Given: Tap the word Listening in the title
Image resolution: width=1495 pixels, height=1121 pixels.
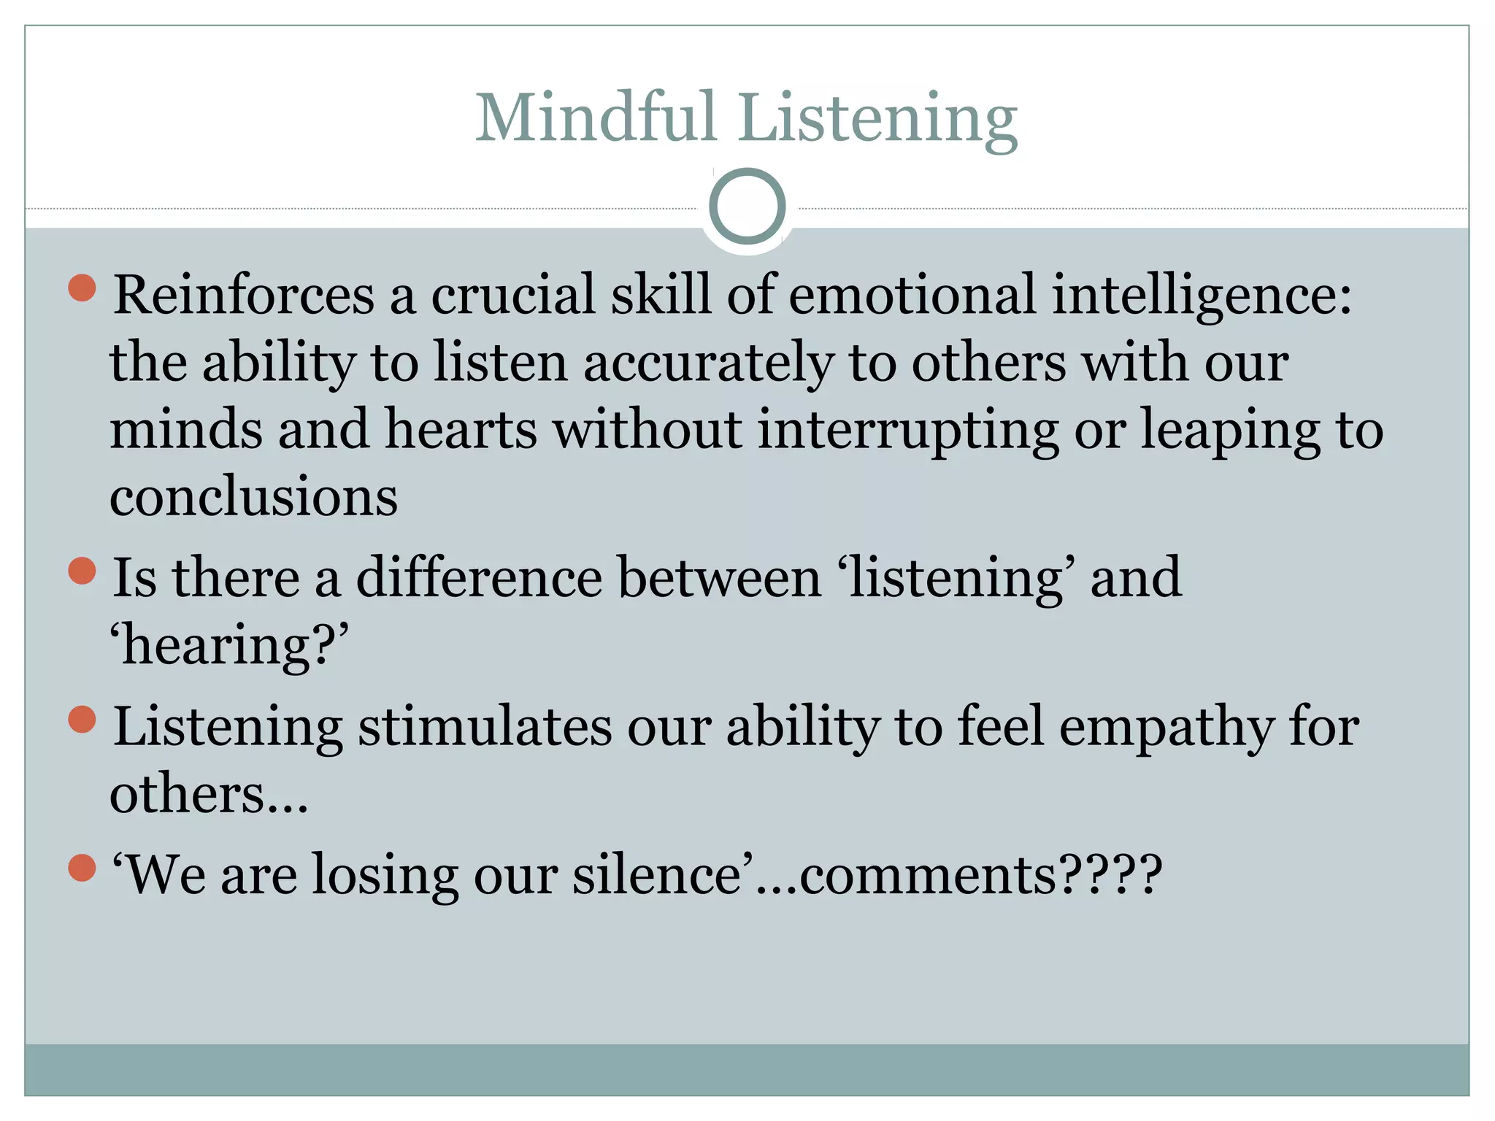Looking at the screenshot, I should coord(877,120).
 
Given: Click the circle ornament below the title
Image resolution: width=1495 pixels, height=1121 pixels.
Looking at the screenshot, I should coord(747,207).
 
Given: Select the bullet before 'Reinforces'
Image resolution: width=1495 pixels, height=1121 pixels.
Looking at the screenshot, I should coord(82,288).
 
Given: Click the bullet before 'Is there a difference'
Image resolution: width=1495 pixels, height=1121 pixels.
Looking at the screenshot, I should coord(82,571).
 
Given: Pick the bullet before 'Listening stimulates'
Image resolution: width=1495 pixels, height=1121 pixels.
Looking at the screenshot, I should coord(82,720).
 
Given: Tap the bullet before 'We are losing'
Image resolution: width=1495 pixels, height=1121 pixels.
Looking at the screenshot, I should coord(82,868).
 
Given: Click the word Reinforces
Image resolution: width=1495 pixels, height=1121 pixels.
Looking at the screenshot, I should coord(244,295).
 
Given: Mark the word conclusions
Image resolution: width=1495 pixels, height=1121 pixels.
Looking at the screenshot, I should coord(253,497).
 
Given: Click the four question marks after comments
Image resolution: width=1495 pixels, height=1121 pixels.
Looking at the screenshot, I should coord(1110,874).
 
